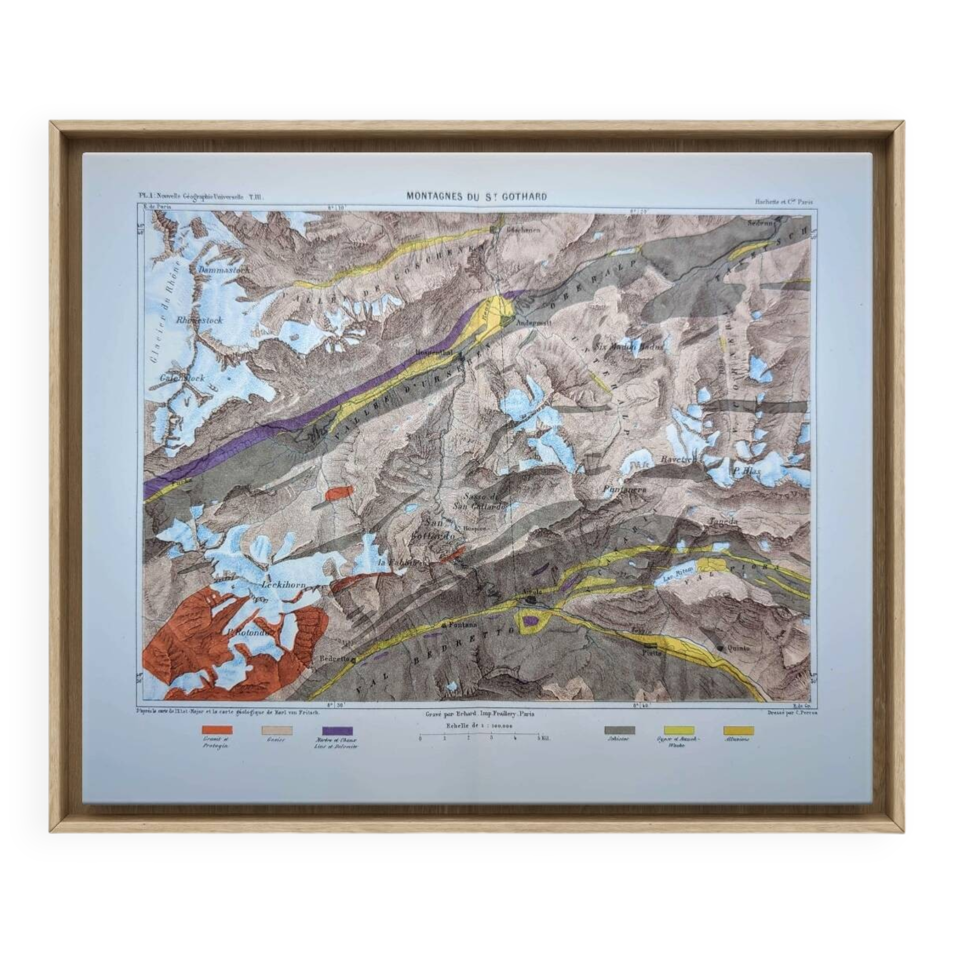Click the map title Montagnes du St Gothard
(477, 196)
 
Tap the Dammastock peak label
(225, 270)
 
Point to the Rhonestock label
(199, 320)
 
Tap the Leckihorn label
(283, 585)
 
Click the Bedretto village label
(335, 659)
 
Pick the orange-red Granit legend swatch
(217, 730)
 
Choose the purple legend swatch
(337, 730)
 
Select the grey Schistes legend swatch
(619, 730)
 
